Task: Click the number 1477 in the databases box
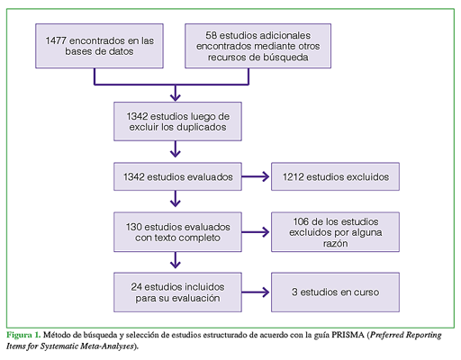tap(56, 40)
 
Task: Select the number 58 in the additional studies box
tap(211, 35)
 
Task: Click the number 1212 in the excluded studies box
tap(294, 176)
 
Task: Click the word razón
tap(335, 243)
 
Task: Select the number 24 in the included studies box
tap(136, 287)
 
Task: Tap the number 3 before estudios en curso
tap(294, 292)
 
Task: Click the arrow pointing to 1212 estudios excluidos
tap(256, 176)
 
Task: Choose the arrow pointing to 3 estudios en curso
tap(256, 292)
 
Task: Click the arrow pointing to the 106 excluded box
tap(256, 232)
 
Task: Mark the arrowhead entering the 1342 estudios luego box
tap(176, 96)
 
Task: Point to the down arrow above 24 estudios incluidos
tap(176, 260)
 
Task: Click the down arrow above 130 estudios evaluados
tap(176, 199)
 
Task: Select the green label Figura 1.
tap(23, 335)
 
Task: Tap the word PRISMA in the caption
tap(348, 335)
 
